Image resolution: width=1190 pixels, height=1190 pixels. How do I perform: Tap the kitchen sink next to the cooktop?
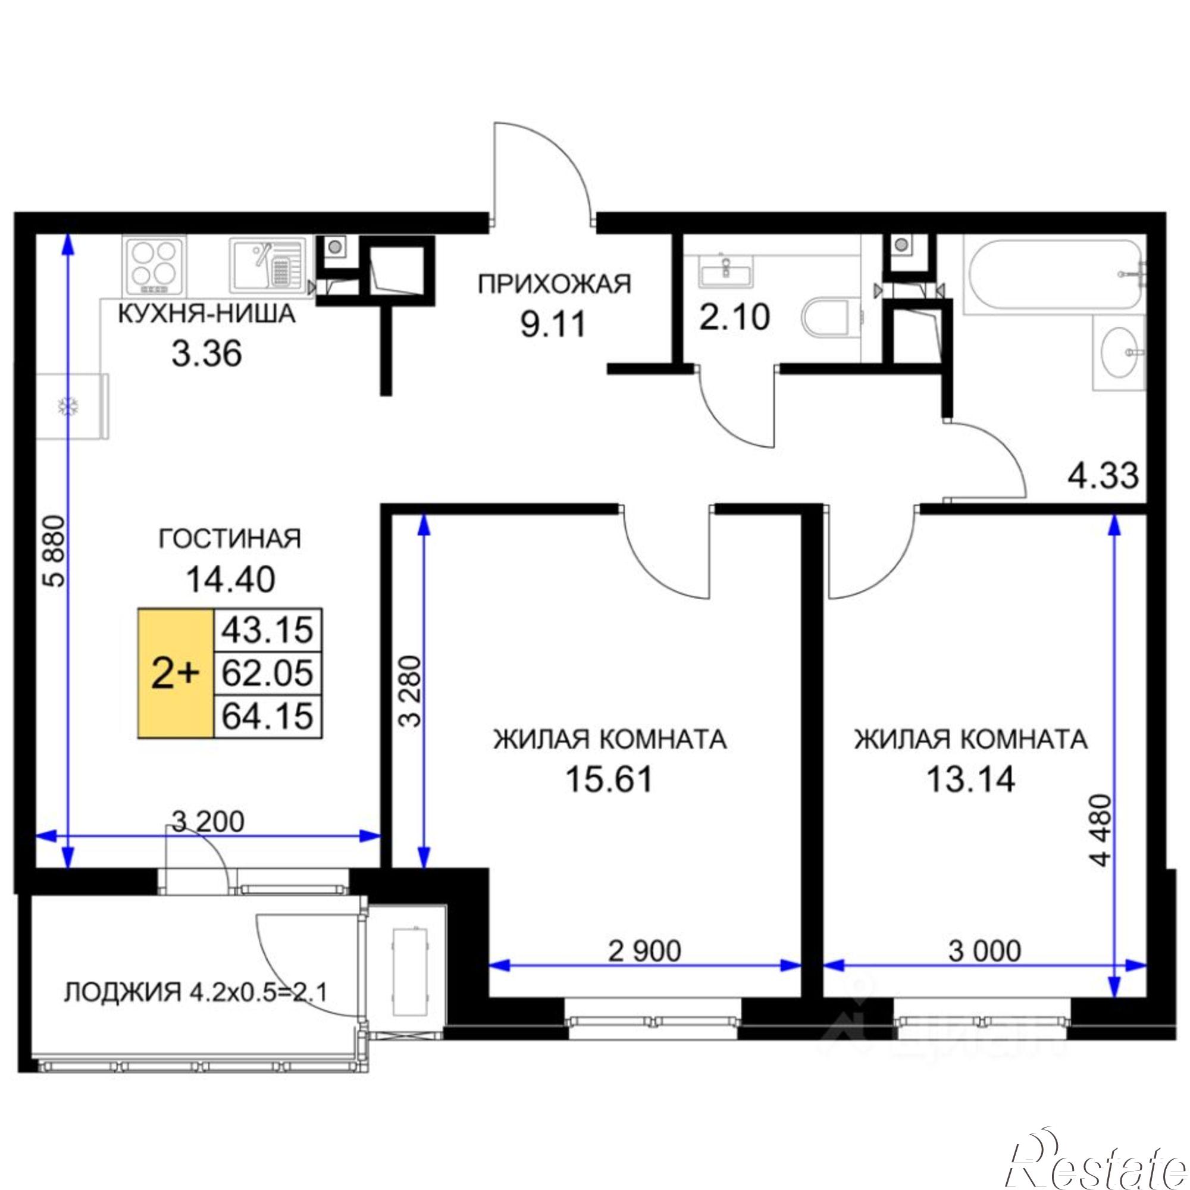click(267, 265)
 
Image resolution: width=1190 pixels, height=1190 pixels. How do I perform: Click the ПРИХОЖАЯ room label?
click(555, 285)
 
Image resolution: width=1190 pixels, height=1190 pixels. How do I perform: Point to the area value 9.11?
click(553, 324)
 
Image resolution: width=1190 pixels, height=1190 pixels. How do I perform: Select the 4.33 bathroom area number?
click(1103, 476)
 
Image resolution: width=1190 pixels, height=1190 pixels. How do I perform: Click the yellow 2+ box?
click(176, 674)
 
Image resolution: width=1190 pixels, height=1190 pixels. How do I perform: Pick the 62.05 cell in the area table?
click(267, 674)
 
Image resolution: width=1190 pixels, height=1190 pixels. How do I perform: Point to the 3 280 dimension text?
click(410, 693)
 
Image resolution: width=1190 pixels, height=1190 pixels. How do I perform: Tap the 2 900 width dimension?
click(644, 950)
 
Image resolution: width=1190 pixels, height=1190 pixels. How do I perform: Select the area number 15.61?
click(609, 781)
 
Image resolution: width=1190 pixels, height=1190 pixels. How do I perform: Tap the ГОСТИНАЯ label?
click(230, 539)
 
